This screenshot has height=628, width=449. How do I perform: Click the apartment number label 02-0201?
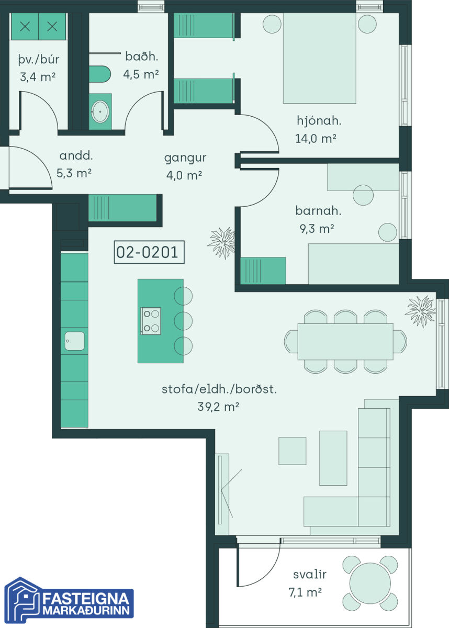pyautogui.click(x=149, y=252)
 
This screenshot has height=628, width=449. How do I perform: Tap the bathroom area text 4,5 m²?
pyautogui.click(x=141, y=74)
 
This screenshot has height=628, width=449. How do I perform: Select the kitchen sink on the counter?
pyautogui.click(x=74, y=341)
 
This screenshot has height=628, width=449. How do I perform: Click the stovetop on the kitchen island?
pyautogui.click(x=151, y=321)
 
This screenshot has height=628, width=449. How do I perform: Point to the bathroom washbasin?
pyautogui.click(x=100, y=112)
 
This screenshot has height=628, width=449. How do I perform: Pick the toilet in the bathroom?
pyautogui.click(x=100, y=74)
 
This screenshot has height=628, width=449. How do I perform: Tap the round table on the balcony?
pyautogui.click(x=370, y=583)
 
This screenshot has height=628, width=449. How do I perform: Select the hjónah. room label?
pyautogui.click(x=319, y=121)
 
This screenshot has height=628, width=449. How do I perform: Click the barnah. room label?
pyautogui.click(x=318, y=211)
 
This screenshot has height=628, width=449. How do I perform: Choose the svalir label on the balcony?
pyautogui.click(x=310, y=575)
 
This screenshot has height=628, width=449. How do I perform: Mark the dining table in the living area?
pyautogui.click(x=345, y=341)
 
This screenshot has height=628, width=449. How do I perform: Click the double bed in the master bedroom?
pyautogui.click(x=320, y=58)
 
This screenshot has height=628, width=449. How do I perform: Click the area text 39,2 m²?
pyautogui.click(x=218, y=406)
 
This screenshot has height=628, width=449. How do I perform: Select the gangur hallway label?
pyautogui.click(x=185, y=159)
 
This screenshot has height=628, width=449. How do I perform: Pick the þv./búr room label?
pyautogui.click(x=39, y=60)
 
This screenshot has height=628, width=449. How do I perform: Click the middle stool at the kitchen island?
pyautogui.click(x=183, y=320)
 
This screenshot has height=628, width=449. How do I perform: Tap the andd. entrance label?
pyautogui.click(x=76, y=156)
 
